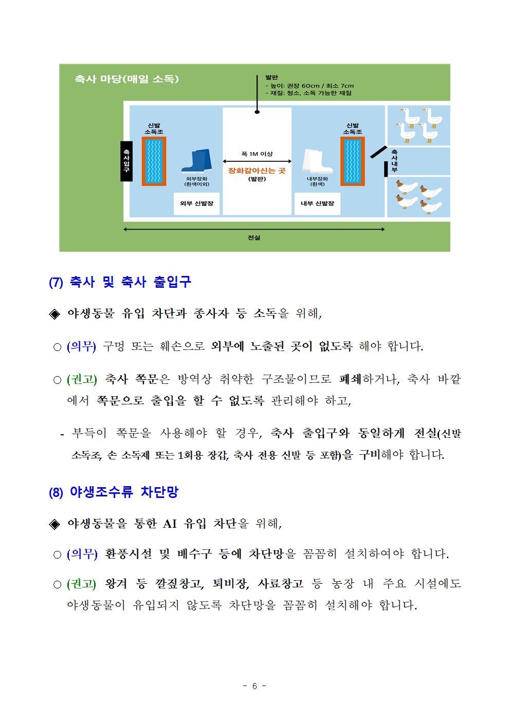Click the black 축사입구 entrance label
tap(126, 161)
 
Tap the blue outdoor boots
tap(197, 161)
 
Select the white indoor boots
tap(317, 161)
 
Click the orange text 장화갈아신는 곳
tap(257, 171)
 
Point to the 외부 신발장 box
tap(197, 204)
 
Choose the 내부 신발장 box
tap(317, 204)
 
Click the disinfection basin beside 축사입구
tap(154, 161)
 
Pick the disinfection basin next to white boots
tap(353, 161)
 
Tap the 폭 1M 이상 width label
tap(257, 154)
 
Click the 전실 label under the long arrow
tap(254, 237)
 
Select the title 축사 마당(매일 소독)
tap(126, 79)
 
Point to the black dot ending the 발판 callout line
tap(257, 112)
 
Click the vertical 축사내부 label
tap(394, 161)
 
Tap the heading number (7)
tap(56, 282)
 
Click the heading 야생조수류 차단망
tap(124, 492)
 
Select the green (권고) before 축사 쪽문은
tap(82, 379)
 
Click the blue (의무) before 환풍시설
tap(82, 554)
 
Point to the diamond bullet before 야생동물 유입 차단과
tap(54, 314)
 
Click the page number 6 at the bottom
tap(254, 686)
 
